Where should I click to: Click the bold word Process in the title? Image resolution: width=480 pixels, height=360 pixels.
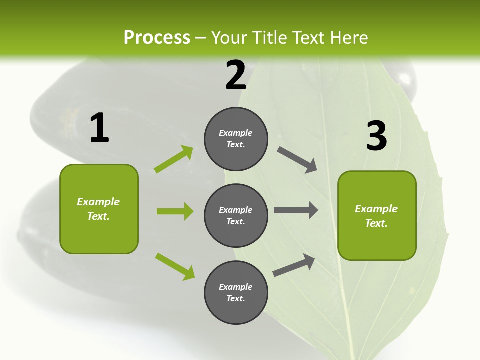click(157, 37)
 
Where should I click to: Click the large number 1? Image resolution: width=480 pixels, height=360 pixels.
click(99, 128)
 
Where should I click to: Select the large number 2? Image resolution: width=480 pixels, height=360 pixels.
click(236, 75)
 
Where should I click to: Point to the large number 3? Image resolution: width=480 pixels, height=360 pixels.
click(376, 136)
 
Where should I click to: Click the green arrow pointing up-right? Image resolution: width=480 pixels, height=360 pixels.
click(174, 159)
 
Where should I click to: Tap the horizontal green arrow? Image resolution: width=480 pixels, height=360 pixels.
click(175, 211)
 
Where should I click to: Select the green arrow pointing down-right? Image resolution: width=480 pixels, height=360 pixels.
click(175, 266)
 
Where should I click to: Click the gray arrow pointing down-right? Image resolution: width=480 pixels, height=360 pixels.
click(297, 160)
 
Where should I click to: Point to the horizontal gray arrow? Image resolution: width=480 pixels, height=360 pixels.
click(296, 210)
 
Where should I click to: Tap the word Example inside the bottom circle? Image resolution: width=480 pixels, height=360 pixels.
click(236, 287)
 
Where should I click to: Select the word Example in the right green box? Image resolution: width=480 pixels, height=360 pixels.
click(376, 209)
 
